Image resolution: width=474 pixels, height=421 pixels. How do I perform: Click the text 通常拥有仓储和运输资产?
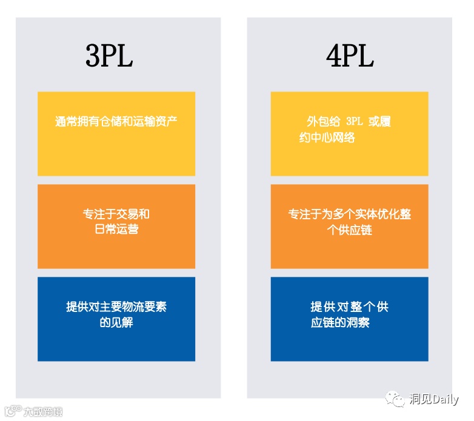116,121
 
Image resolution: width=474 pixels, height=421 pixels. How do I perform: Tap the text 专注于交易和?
116,214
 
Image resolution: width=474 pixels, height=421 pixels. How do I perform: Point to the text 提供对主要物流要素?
116,307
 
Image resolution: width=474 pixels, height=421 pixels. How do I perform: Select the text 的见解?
116,322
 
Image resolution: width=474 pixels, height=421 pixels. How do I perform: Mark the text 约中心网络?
327,138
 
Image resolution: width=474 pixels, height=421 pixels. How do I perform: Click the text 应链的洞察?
340,323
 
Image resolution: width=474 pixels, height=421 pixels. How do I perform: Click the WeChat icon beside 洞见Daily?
398,399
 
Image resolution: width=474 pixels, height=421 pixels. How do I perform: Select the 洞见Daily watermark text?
434,400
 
